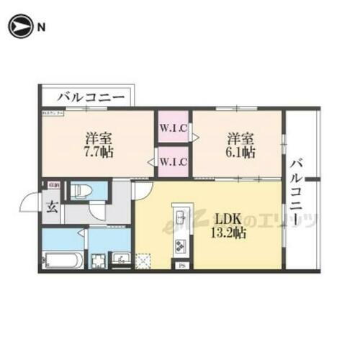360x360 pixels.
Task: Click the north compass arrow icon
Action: click(x=19, y=27)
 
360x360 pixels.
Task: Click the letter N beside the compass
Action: click(x=41, y=27)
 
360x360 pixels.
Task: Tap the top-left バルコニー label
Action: click(x=91, y=96)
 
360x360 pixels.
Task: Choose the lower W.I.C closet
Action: click(x=174, y=161)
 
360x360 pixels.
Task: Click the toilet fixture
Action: click(x=81, y=191)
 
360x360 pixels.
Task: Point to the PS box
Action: click(x=181, y=265)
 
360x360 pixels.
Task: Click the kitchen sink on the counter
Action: click(x=180, y=216)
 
